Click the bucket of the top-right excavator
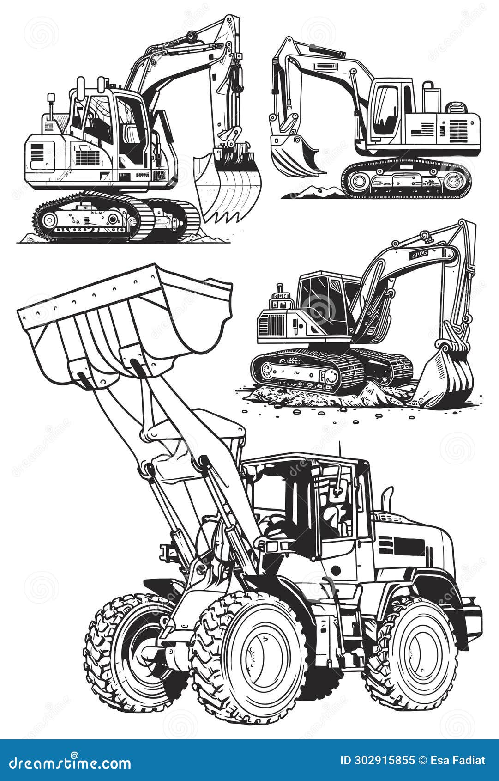click(x=291, y=155)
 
